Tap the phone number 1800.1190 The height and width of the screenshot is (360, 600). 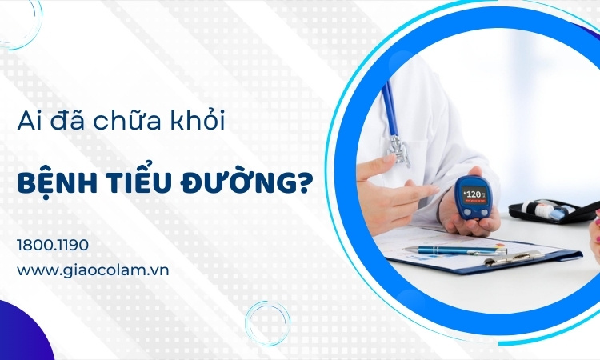53,245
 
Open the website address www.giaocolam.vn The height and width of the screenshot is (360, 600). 93,270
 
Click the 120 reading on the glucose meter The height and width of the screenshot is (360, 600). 474,193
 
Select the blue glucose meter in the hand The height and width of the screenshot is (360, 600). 473,198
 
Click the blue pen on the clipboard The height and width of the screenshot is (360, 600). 455,250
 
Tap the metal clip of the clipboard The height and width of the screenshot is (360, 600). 514,258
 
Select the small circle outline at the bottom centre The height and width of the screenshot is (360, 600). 267,323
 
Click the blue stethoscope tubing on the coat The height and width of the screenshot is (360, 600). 390,108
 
